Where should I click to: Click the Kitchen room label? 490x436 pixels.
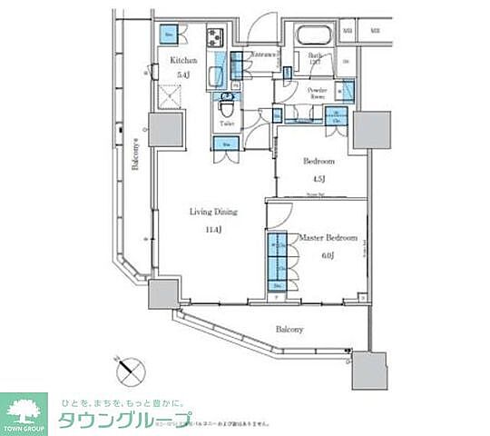pos(178,60)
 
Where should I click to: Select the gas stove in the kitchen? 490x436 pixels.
pos(217,40)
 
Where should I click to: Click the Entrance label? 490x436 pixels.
pos(263,54)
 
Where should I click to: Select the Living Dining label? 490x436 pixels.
pos(213,212)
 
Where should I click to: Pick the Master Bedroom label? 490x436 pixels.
pos(328,239)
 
